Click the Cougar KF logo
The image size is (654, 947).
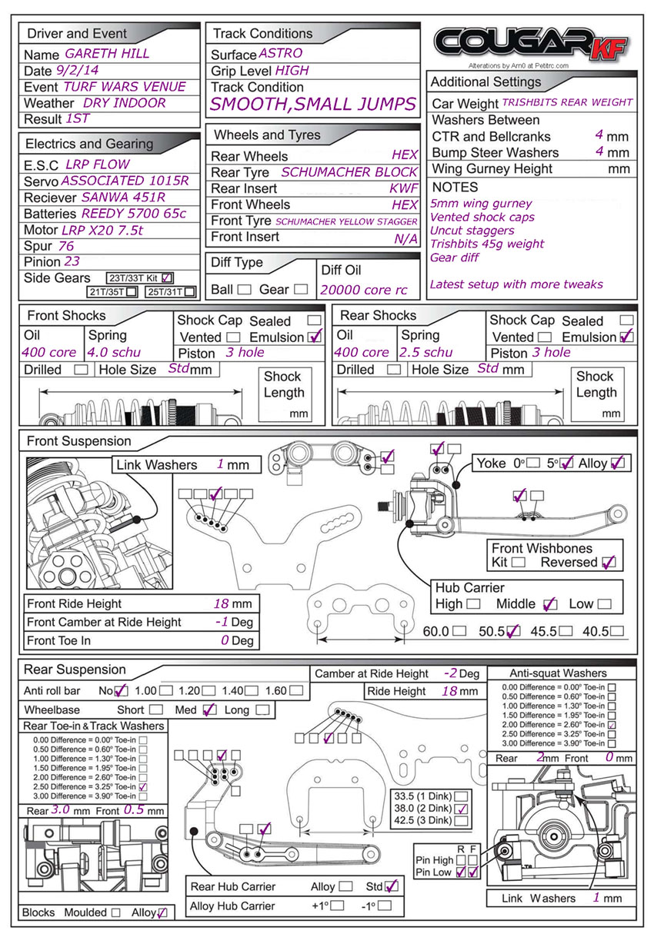531,44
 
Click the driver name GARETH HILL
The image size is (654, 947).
108,54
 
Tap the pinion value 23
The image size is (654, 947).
72,261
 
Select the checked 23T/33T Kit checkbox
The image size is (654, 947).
169,277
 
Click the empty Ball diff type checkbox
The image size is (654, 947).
244,290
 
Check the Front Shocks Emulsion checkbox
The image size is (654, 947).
314,337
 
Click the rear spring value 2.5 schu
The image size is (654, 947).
425,352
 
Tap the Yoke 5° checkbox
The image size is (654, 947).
567,463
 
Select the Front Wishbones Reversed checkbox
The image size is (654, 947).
609,562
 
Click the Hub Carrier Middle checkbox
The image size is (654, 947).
549,604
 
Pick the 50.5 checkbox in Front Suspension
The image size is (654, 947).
513,631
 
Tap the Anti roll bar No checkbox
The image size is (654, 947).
122,690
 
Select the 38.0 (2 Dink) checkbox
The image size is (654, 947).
462,809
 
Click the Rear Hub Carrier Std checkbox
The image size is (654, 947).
392,886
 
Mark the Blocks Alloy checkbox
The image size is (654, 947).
162,912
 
